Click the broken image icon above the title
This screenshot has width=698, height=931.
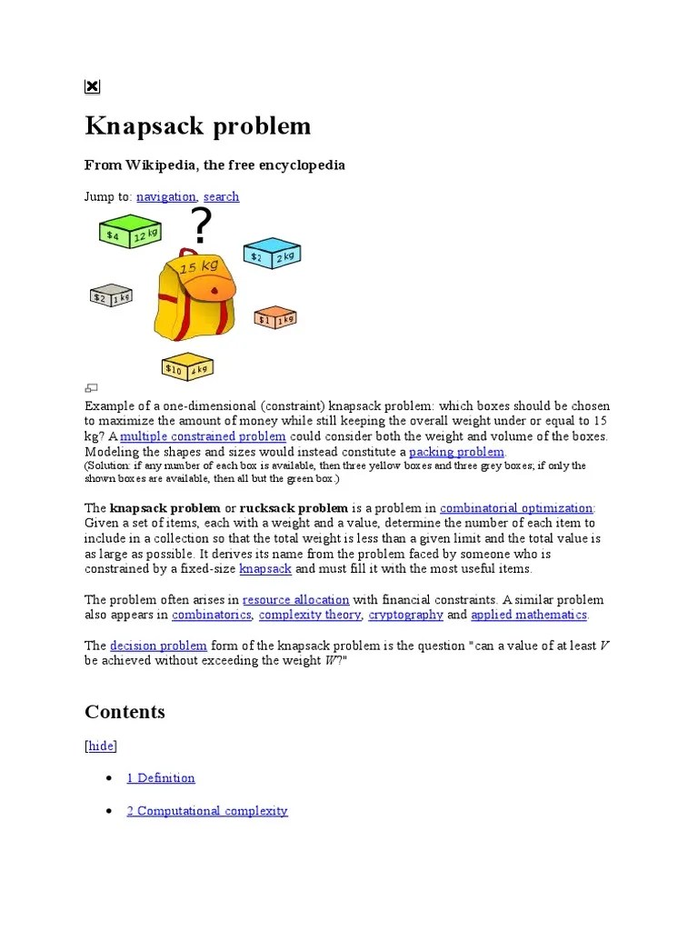(93, 86)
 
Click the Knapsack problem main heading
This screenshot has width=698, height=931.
(197, 125)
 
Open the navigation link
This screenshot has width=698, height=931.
(165, 196)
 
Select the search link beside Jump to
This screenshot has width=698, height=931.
(221, 196)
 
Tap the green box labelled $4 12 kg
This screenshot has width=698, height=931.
(129, 232)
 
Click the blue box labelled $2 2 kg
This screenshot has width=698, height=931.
(271, 254)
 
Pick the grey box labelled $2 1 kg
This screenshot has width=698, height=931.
(111, 295)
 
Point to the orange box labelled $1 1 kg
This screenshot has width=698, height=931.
(274, 317)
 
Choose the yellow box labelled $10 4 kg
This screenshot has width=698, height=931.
(187, 365)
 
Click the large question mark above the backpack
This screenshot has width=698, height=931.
(201, 225)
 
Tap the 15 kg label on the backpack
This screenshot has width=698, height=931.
(199, 267)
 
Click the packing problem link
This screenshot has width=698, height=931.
(456, 452)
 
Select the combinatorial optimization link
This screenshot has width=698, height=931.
(516, 508)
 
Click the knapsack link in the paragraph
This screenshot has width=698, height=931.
(265, 569)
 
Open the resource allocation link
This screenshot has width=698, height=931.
(295, 600)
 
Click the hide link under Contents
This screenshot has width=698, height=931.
(101, 746)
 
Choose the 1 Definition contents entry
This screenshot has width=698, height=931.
(161, 778)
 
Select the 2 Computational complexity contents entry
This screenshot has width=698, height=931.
(207, 811)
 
